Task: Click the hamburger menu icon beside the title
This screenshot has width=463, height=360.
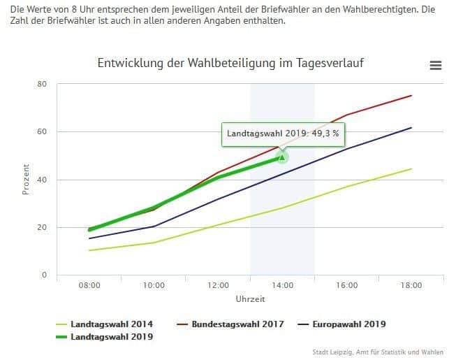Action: (x=436, y=65)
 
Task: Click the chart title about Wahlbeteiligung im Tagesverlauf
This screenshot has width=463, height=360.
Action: (x=230, y=64)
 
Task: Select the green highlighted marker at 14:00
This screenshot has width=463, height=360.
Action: (x=282, y=157)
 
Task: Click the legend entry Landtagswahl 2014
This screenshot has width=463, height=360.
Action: (x=112, y=324)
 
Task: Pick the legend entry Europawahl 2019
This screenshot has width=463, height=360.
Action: (x=346, y=324)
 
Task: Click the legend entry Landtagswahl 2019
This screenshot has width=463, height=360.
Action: (x=112, y=337)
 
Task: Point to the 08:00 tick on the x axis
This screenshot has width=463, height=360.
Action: (x=89, y=285)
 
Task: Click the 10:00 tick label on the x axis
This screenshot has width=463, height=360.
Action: (x=154, y=285)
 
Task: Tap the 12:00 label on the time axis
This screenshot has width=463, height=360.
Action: (x=218, y=285)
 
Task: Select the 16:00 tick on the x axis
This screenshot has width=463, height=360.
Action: (x=347, y=285)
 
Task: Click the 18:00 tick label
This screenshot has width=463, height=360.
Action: (x=411, y=285)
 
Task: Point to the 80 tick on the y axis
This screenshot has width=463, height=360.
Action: (x=43, y=84)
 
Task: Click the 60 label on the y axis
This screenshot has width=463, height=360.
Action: (x=43, y=132)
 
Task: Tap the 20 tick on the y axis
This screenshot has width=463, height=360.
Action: (x=43, y=228)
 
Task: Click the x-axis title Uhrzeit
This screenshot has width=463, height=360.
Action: (x=250, y=298)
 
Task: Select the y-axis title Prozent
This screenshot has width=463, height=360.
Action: (x=26, y=180)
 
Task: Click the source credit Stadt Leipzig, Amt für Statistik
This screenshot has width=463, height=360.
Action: (x=377, y=352)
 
